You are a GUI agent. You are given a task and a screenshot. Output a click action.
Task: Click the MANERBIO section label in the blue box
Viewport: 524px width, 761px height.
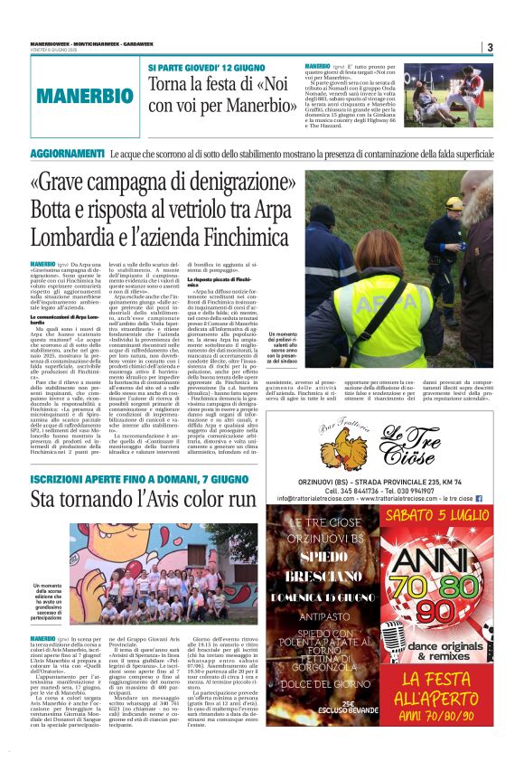click(86, 95)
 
